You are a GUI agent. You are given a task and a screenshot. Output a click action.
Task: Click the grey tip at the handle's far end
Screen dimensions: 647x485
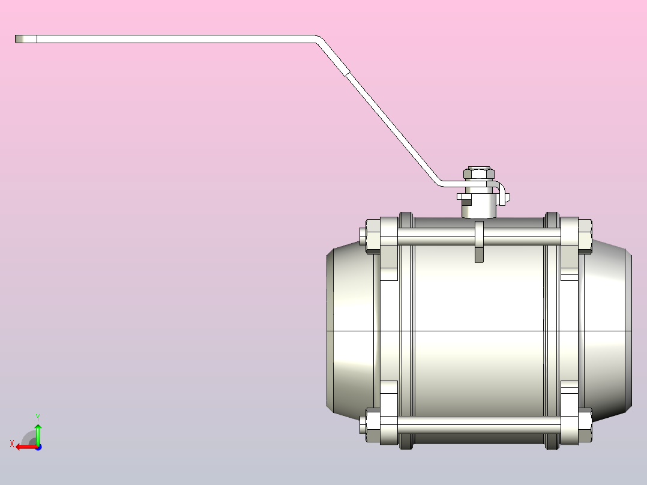(x=26, y=39)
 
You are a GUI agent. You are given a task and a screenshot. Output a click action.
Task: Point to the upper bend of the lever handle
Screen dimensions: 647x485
(x=319, y=40)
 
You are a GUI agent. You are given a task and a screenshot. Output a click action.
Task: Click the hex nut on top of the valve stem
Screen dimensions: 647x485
(x=479, y=173)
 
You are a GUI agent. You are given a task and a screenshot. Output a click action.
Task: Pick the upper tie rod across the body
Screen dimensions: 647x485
(x=479, y=236)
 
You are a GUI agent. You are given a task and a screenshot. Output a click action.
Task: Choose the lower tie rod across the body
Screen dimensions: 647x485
(x=479, y=425)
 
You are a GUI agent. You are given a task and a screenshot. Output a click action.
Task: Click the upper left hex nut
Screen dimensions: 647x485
(x=373, y=236)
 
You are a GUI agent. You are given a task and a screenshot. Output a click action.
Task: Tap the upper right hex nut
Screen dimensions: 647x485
(x=585, y=236)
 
